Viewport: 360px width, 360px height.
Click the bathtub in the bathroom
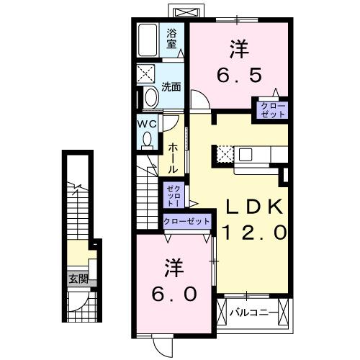(x=149, y=42)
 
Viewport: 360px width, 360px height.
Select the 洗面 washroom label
(x=171, y=87)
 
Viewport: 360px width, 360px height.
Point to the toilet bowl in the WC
(x=147, y=143)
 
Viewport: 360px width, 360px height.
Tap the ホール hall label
(x=173, y=157)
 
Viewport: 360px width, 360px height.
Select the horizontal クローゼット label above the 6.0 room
(x=187, y=221)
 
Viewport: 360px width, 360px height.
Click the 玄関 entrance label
(x=77, y=279)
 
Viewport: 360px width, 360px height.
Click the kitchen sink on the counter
(x=246, y=153)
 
